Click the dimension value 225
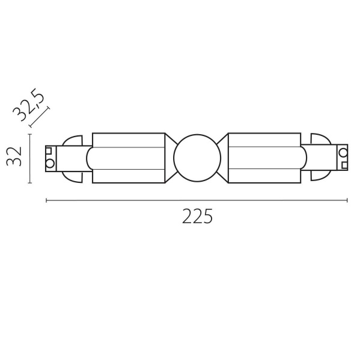197,217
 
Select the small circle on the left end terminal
50,163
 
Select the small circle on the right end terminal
343,152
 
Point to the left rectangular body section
128,158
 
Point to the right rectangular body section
265,158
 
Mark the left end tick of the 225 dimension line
46,201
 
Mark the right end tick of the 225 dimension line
348,201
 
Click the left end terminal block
55,158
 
